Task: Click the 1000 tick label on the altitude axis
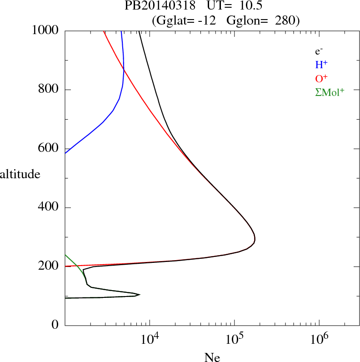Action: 45,30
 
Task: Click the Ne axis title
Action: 212,357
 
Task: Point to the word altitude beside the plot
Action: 20,174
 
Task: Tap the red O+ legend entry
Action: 321,78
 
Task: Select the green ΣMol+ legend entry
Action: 330,92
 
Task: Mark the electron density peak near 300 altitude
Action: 255,238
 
